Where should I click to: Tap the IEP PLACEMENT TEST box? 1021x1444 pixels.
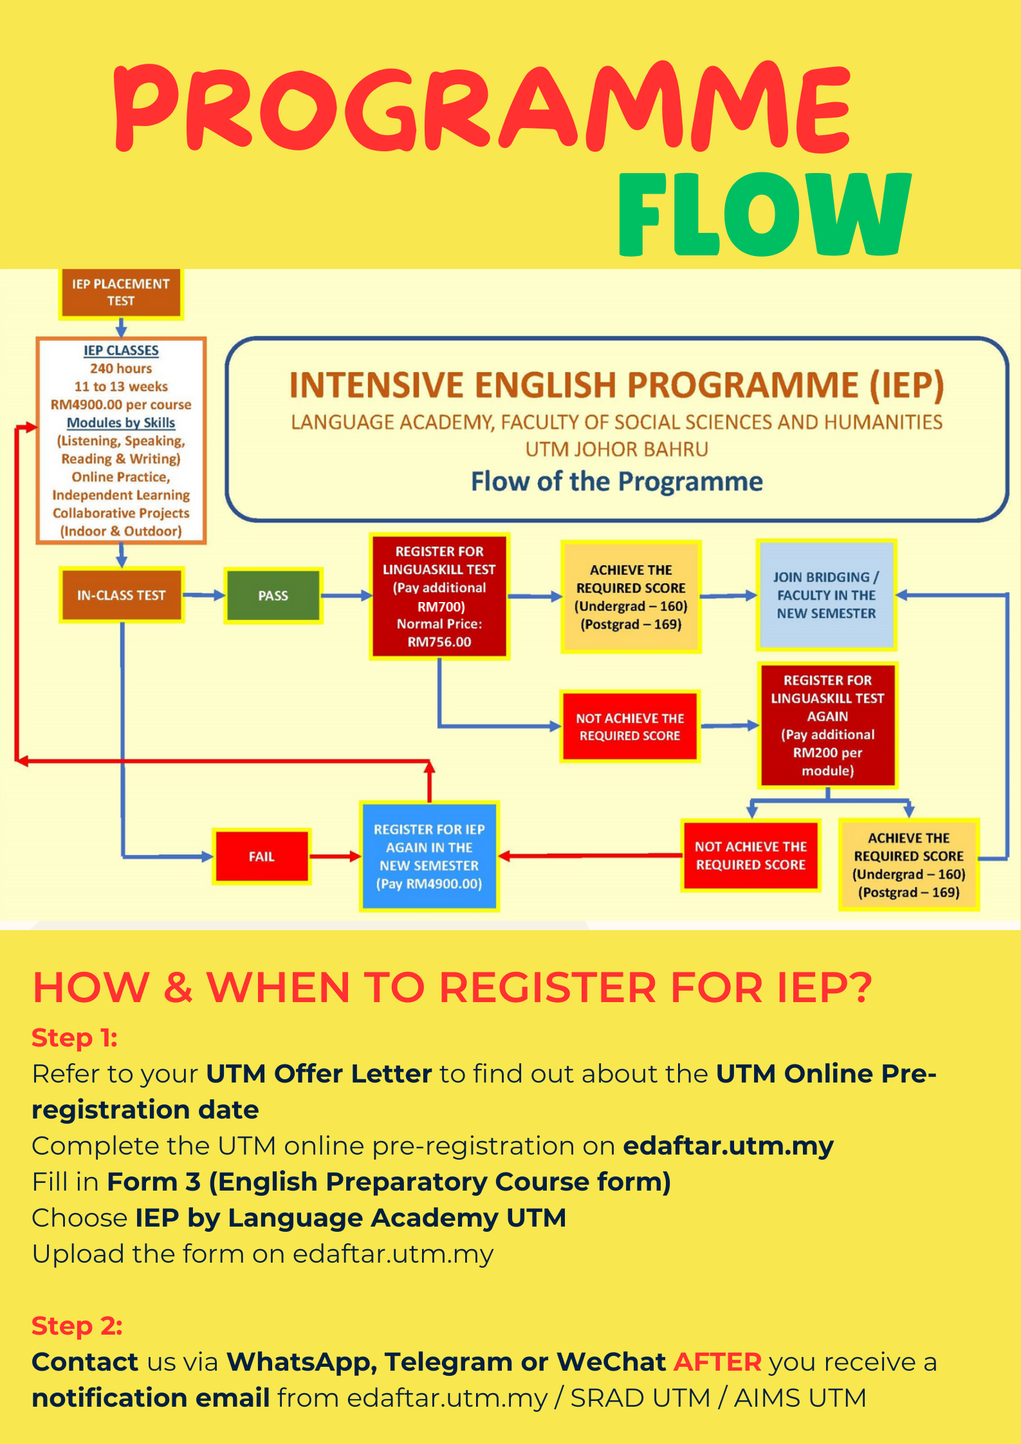[121, 293]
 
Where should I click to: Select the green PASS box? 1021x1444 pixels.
[273, 596]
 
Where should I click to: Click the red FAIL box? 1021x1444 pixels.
[261, 856]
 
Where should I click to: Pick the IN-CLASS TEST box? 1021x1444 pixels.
[122, 596]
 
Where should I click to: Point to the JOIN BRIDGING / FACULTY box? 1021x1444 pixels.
[826, 595]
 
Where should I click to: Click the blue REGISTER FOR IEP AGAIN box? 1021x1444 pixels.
[429, 856]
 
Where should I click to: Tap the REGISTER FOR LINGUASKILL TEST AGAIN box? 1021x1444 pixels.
[827, 725]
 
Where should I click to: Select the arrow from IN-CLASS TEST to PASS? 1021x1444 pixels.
[204, 596]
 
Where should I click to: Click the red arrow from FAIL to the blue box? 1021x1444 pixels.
[335, 856]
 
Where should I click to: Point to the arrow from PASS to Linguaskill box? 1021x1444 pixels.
[347, 596]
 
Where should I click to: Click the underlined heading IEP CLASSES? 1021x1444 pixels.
[121, 351]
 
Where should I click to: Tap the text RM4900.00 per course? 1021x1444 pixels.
[121, 405]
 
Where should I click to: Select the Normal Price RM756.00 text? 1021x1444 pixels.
[439, 633]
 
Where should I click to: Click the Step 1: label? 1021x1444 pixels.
[75, 1037]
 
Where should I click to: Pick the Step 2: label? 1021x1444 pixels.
[77, 1326]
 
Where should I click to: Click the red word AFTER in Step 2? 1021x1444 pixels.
[717, 1362]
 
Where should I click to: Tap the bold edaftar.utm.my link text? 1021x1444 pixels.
[728, 1146]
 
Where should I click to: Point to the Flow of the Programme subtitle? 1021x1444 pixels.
[616, 481]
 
